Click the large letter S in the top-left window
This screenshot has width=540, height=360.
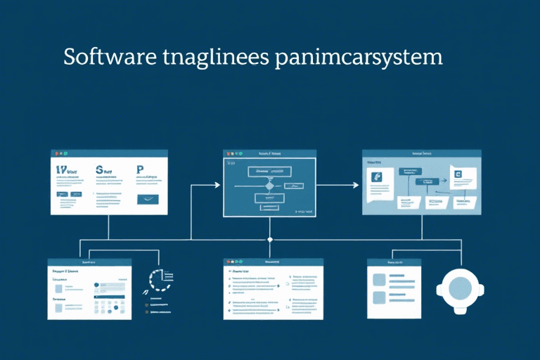[99, 170]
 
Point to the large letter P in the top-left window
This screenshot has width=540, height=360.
[140, 169]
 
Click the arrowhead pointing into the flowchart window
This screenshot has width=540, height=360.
[217, 185]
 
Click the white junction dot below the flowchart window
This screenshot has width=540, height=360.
[270, 240]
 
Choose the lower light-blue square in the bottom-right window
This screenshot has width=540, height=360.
[380, 297]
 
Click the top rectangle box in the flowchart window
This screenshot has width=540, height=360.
[269, 170]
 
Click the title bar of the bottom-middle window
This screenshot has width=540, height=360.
[273, 262]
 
